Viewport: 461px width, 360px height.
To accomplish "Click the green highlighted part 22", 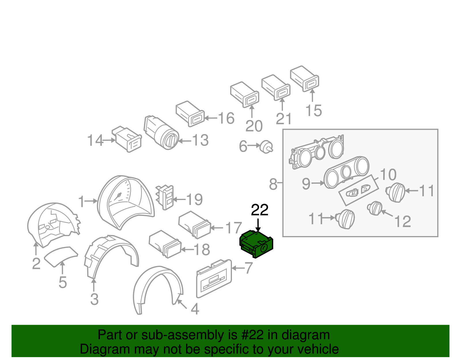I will [256, 244].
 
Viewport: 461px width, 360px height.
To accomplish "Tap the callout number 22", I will [260, 210].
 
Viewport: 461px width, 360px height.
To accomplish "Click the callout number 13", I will [200, 141].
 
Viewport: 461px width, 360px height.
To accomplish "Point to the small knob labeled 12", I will [375, 208].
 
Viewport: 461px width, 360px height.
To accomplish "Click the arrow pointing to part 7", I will [238, 268].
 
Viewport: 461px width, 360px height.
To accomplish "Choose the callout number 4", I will [195, 309].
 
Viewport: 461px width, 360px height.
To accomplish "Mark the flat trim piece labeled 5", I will [61, 256].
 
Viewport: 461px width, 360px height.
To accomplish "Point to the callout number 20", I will [254, 126].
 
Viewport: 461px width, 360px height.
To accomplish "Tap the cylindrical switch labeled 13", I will [161, 133].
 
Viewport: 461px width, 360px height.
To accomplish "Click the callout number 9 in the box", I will [306, 183].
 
